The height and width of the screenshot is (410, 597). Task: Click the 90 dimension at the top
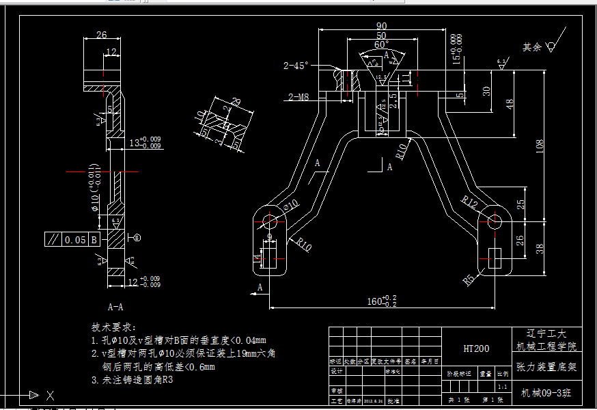[x=381, y=26]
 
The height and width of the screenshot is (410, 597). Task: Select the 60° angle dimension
[x=381, y=44]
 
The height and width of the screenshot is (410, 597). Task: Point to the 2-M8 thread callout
[x=298, y=97]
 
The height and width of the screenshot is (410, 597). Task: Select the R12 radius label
[x=469, y=202]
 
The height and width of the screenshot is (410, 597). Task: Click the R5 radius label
[x=469, y=279]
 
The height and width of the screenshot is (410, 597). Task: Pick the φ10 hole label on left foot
[x=292, y=205]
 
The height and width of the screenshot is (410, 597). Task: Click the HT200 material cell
[x=476, y=348]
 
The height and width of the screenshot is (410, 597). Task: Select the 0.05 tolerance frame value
[x=76, y=240]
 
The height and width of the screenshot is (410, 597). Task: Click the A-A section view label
[x=115, y=307]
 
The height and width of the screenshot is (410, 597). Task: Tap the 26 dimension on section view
[x=101, y=35]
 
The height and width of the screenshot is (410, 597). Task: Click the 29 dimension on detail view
[x=236, y=102]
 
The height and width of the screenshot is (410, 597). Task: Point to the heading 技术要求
[x=114, y=328]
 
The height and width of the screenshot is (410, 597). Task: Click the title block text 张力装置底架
[x=546, y=368]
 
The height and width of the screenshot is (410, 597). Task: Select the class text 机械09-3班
[x=546, y=393]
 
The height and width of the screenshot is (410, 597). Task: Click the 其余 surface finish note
[x=532, y=47]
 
